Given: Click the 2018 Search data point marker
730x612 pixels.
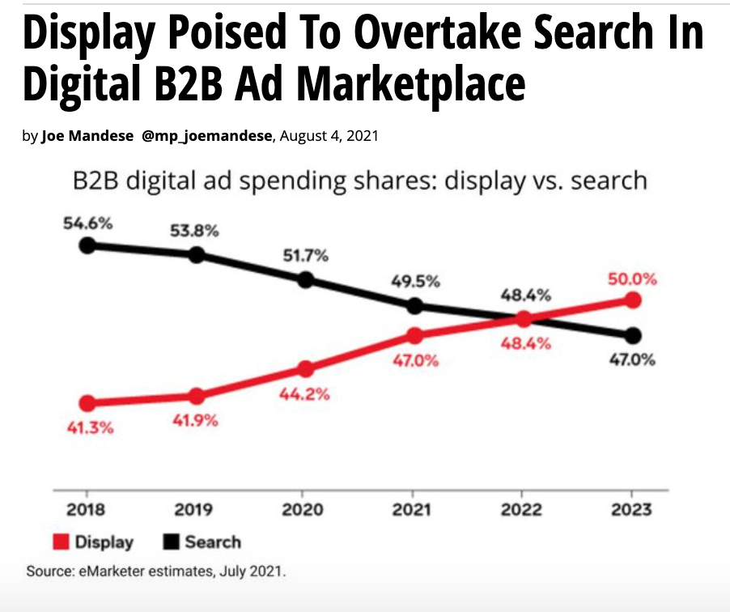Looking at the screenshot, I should click(x=87, y=245).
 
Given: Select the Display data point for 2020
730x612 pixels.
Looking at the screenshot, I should click(x=305, y=369).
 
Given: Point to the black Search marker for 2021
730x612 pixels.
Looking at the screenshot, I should click(x=414, y=306).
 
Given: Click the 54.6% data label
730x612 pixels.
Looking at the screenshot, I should click(x=87, y=223).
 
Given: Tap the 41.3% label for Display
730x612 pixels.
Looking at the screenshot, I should click(x=89, y=427).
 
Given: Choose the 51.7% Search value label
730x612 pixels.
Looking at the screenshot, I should click(x=305, y=257).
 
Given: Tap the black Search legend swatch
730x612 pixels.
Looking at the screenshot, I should click(x=171, y=542).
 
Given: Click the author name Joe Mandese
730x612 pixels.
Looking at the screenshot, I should click(x=89, y=137).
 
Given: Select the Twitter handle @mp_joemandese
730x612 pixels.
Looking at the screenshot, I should click(x=209, y=137).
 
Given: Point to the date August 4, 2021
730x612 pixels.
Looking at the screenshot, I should click(x=329, y=137).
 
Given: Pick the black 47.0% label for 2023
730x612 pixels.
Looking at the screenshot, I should click(x=631, y=360).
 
